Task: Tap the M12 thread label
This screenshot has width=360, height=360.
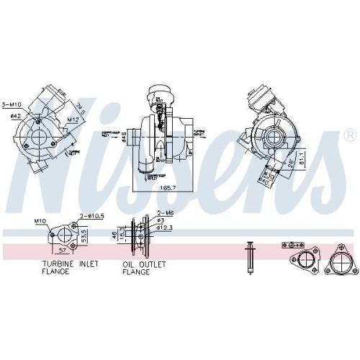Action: click(73, 120)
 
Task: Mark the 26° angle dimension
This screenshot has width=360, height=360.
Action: click(291, 163)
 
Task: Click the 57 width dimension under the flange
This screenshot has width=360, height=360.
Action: click(63, 251)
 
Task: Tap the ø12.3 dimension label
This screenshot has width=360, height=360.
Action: click(167, 230)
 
